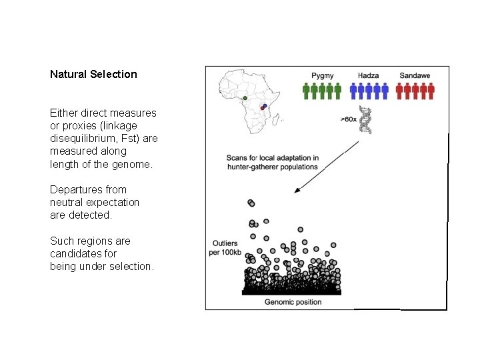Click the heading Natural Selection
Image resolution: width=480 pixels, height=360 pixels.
pyautogui.click(x=93, y=74)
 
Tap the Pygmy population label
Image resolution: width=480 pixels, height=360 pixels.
pyautogui.click(x=323, y=75)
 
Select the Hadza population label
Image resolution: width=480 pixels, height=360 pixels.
pyautogui.click(x=369, y=75)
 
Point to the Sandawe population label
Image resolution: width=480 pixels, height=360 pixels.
pyautogui.click(x=417, y=75)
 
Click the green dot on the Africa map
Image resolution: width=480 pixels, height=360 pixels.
pyautogui.click(x=245, y=99)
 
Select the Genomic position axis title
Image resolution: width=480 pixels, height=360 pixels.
pyautogui.click(x=293, y=302)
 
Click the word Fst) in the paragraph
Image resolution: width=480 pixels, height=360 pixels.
pyautogui.click(x=127, y=139)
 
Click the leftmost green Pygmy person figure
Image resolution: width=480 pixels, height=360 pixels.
pyautogui.click(x=306, y=91)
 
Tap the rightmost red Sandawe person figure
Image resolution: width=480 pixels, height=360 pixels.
pyautogui.click(x=431, y=91)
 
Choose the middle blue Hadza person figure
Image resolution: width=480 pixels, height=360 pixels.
pyautogui.click(x=369, y=91)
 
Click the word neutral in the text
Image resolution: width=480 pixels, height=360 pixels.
pyautogui.click(x=66, y=202)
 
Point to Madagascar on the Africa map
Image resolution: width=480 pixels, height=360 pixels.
pyautogui.click(x=281, y=121)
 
